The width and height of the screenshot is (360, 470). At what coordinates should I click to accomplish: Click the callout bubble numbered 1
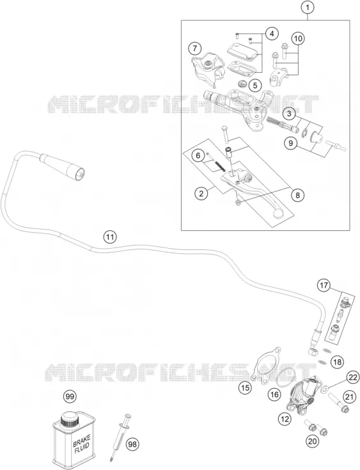pos(308,8)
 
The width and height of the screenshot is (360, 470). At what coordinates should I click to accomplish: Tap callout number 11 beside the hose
pos(110,237)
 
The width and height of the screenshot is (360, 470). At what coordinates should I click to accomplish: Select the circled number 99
pos(70,396)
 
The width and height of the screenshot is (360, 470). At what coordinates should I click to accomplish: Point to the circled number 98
pos(132,444)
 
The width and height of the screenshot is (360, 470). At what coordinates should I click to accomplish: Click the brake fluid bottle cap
pos(69,418)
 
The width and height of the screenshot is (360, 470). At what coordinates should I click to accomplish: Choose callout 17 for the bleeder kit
pos(324,285)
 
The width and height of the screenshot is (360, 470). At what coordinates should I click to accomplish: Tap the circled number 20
pos(312,441)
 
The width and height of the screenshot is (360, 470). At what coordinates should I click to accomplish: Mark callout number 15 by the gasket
pos(246,388)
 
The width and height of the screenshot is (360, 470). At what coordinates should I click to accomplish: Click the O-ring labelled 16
pos(285,377)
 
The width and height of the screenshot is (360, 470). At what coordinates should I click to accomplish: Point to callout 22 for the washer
pos(353,377)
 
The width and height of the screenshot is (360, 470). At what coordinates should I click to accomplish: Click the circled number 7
pos(195,48)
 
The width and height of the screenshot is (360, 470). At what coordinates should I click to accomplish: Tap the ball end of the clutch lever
pos(278,213)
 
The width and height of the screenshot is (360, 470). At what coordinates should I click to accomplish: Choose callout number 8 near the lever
pos(297,195)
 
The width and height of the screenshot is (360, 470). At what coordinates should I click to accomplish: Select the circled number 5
pos(254,86)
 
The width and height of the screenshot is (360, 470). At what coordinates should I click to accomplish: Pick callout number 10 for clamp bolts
pos(297,38)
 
